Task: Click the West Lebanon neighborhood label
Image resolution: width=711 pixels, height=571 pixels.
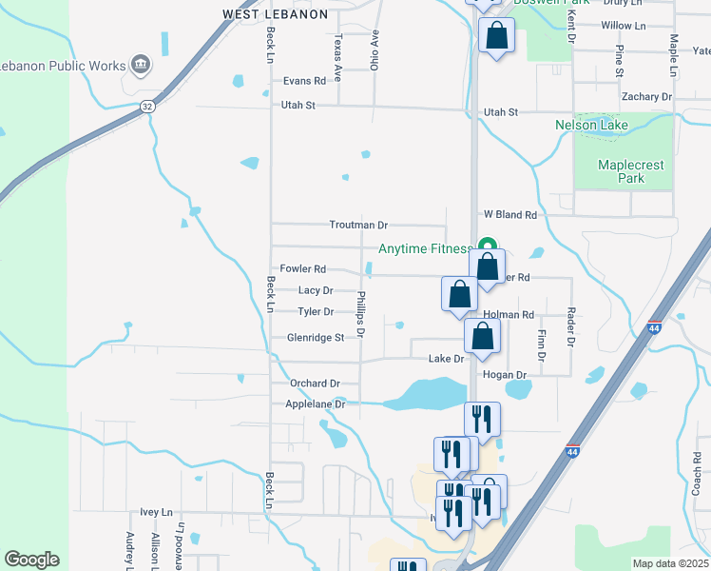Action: (275, 14)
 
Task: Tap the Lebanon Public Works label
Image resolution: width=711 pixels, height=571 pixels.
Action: (63, 66)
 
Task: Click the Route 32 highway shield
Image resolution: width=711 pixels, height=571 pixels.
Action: (146, 107)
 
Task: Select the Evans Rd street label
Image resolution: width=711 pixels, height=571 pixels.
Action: (304, 82)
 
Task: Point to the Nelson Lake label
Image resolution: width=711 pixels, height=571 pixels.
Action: (591, 125)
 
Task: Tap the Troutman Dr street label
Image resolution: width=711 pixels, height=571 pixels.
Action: (358, 226)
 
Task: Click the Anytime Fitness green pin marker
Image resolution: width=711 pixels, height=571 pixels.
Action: (487, 245)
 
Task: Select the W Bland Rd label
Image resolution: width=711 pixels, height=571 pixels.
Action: (510, 215)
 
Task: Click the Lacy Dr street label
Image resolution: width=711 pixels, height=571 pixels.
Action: (316, 291)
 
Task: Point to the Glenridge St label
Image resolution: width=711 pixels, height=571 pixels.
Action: (316, 338)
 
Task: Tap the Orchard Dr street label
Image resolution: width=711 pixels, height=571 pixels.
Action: (315, 384)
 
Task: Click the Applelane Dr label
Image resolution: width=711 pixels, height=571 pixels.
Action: (315, 404)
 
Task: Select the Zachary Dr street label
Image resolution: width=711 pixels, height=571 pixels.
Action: (646, 97)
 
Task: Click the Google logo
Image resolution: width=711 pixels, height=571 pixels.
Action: (31, 560)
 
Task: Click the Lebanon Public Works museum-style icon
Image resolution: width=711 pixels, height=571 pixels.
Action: (141, 64)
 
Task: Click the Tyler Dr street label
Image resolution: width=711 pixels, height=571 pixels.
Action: (316, 312)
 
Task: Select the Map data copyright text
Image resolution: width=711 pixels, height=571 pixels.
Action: (670, 563)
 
